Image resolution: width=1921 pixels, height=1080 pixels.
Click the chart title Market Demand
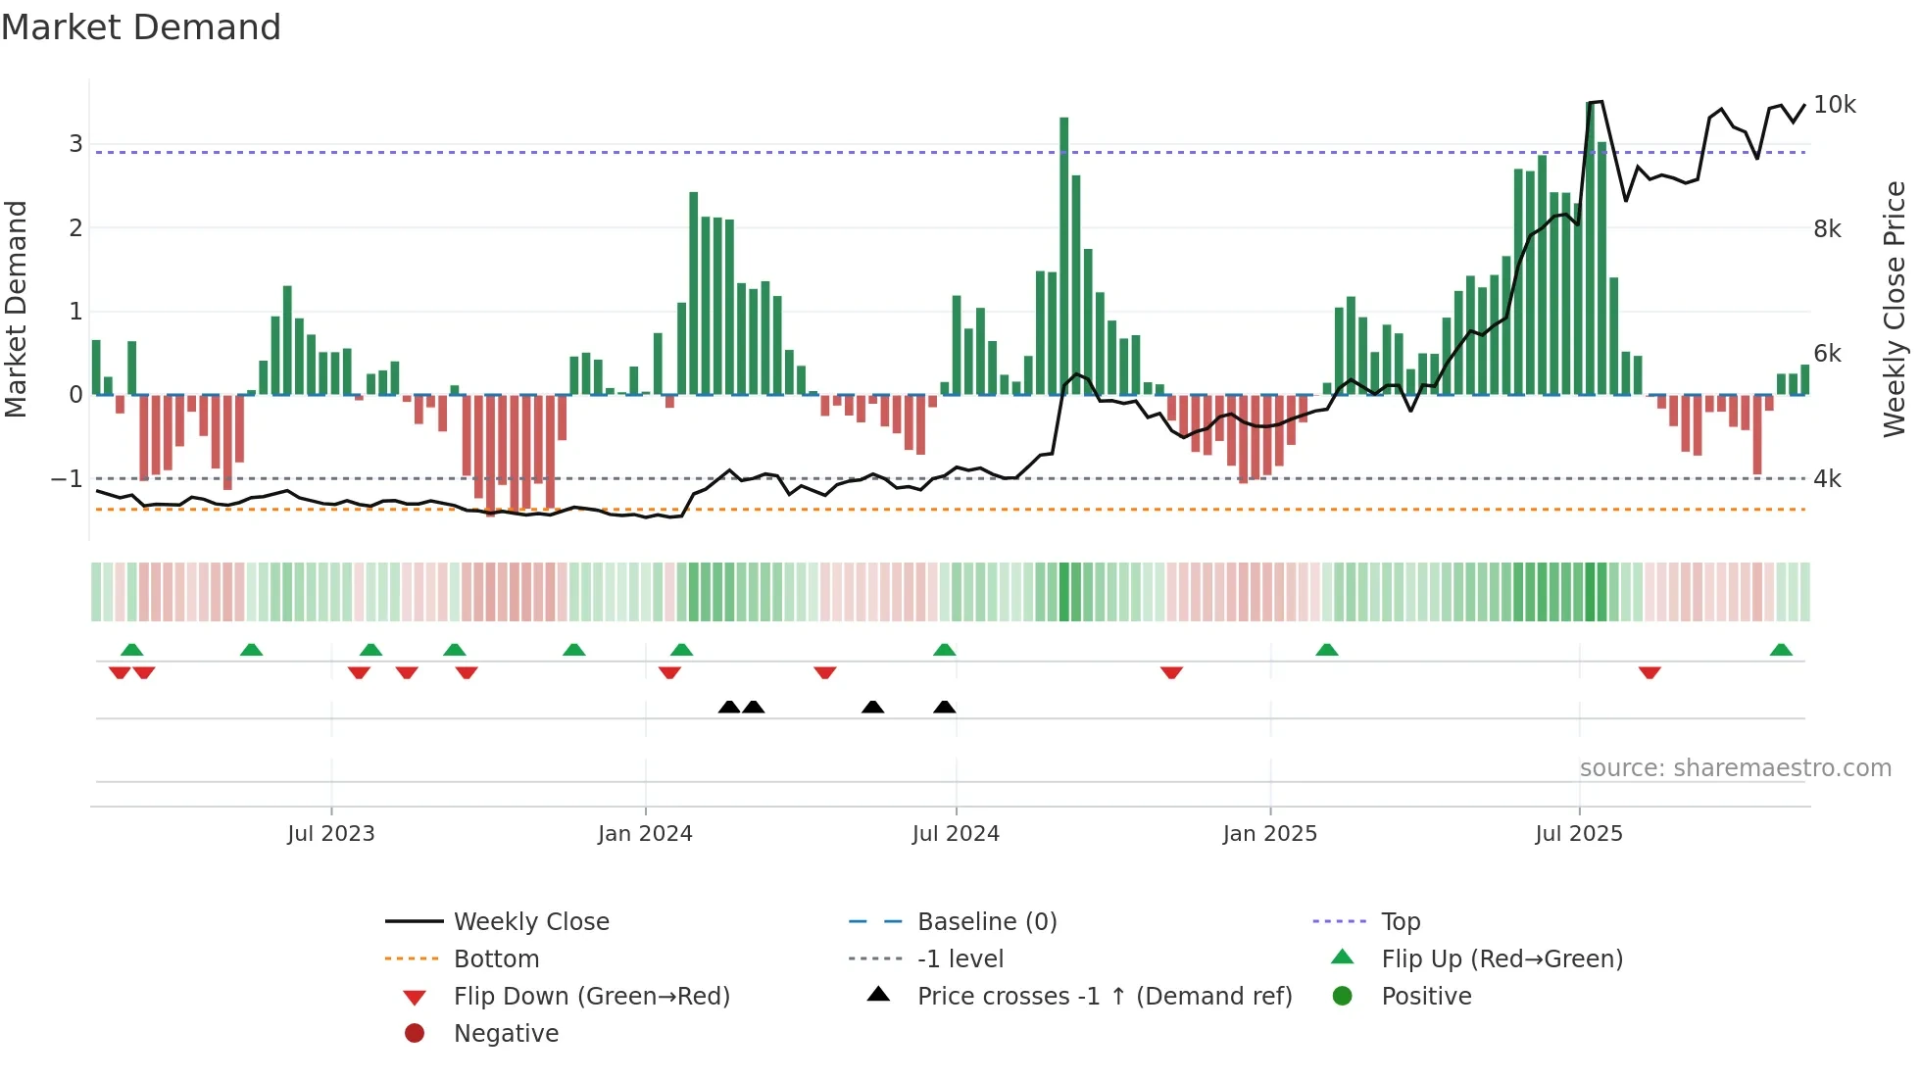(x=141, y=27)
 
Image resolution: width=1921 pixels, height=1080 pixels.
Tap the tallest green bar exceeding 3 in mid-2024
(x=1063, y=255)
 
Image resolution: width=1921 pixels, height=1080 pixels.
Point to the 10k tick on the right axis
(x=1834, y=105)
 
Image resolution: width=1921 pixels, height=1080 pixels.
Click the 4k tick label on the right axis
(x=1827, y=479)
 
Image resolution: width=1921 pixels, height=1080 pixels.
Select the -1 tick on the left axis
(x=68, y=479)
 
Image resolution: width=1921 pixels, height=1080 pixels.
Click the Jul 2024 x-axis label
(x=956, y=834)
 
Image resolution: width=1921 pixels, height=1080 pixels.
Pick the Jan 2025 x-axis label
(x=1270, y=834)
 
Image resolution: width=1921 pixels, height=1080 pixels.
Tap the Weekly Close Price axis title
(x=1895, y=309)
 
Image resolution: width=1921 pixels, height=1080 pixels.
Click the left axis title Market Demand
(x=16, y=309)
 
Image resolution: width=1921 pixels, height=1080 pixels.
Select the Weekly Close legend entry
(x=530, y=922)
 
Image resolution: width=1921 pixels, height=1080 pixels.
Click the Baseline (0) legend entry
(x=986, y=922)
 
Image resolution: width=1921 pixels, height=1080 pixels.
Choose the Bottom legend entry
(x=496, y=959)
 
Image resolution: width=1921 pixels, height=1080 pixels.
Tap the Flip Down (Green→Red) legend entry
(x=591, y=997)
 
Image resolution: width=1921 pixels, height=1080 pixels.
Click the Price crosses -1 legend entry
(x=1104, y=997)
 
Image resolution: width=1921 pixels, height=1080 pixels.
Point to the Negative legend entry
(x=506, y=1034)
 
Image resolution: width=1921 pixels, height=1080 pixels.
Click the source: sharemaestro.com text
(x=1735, y=768)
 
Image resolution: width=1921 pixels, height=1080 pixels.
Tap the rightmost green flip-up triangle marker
(x=1781, y=650)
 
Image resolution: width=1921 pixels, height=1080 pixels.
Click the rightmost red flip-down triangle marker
(x=1650, y=672)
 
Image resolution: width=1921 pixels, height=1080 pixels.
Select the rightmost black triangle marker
(x=945, y=707)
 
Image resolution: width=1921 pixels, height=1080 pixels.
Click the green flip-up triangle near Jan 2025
(x=1327, y=650)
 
